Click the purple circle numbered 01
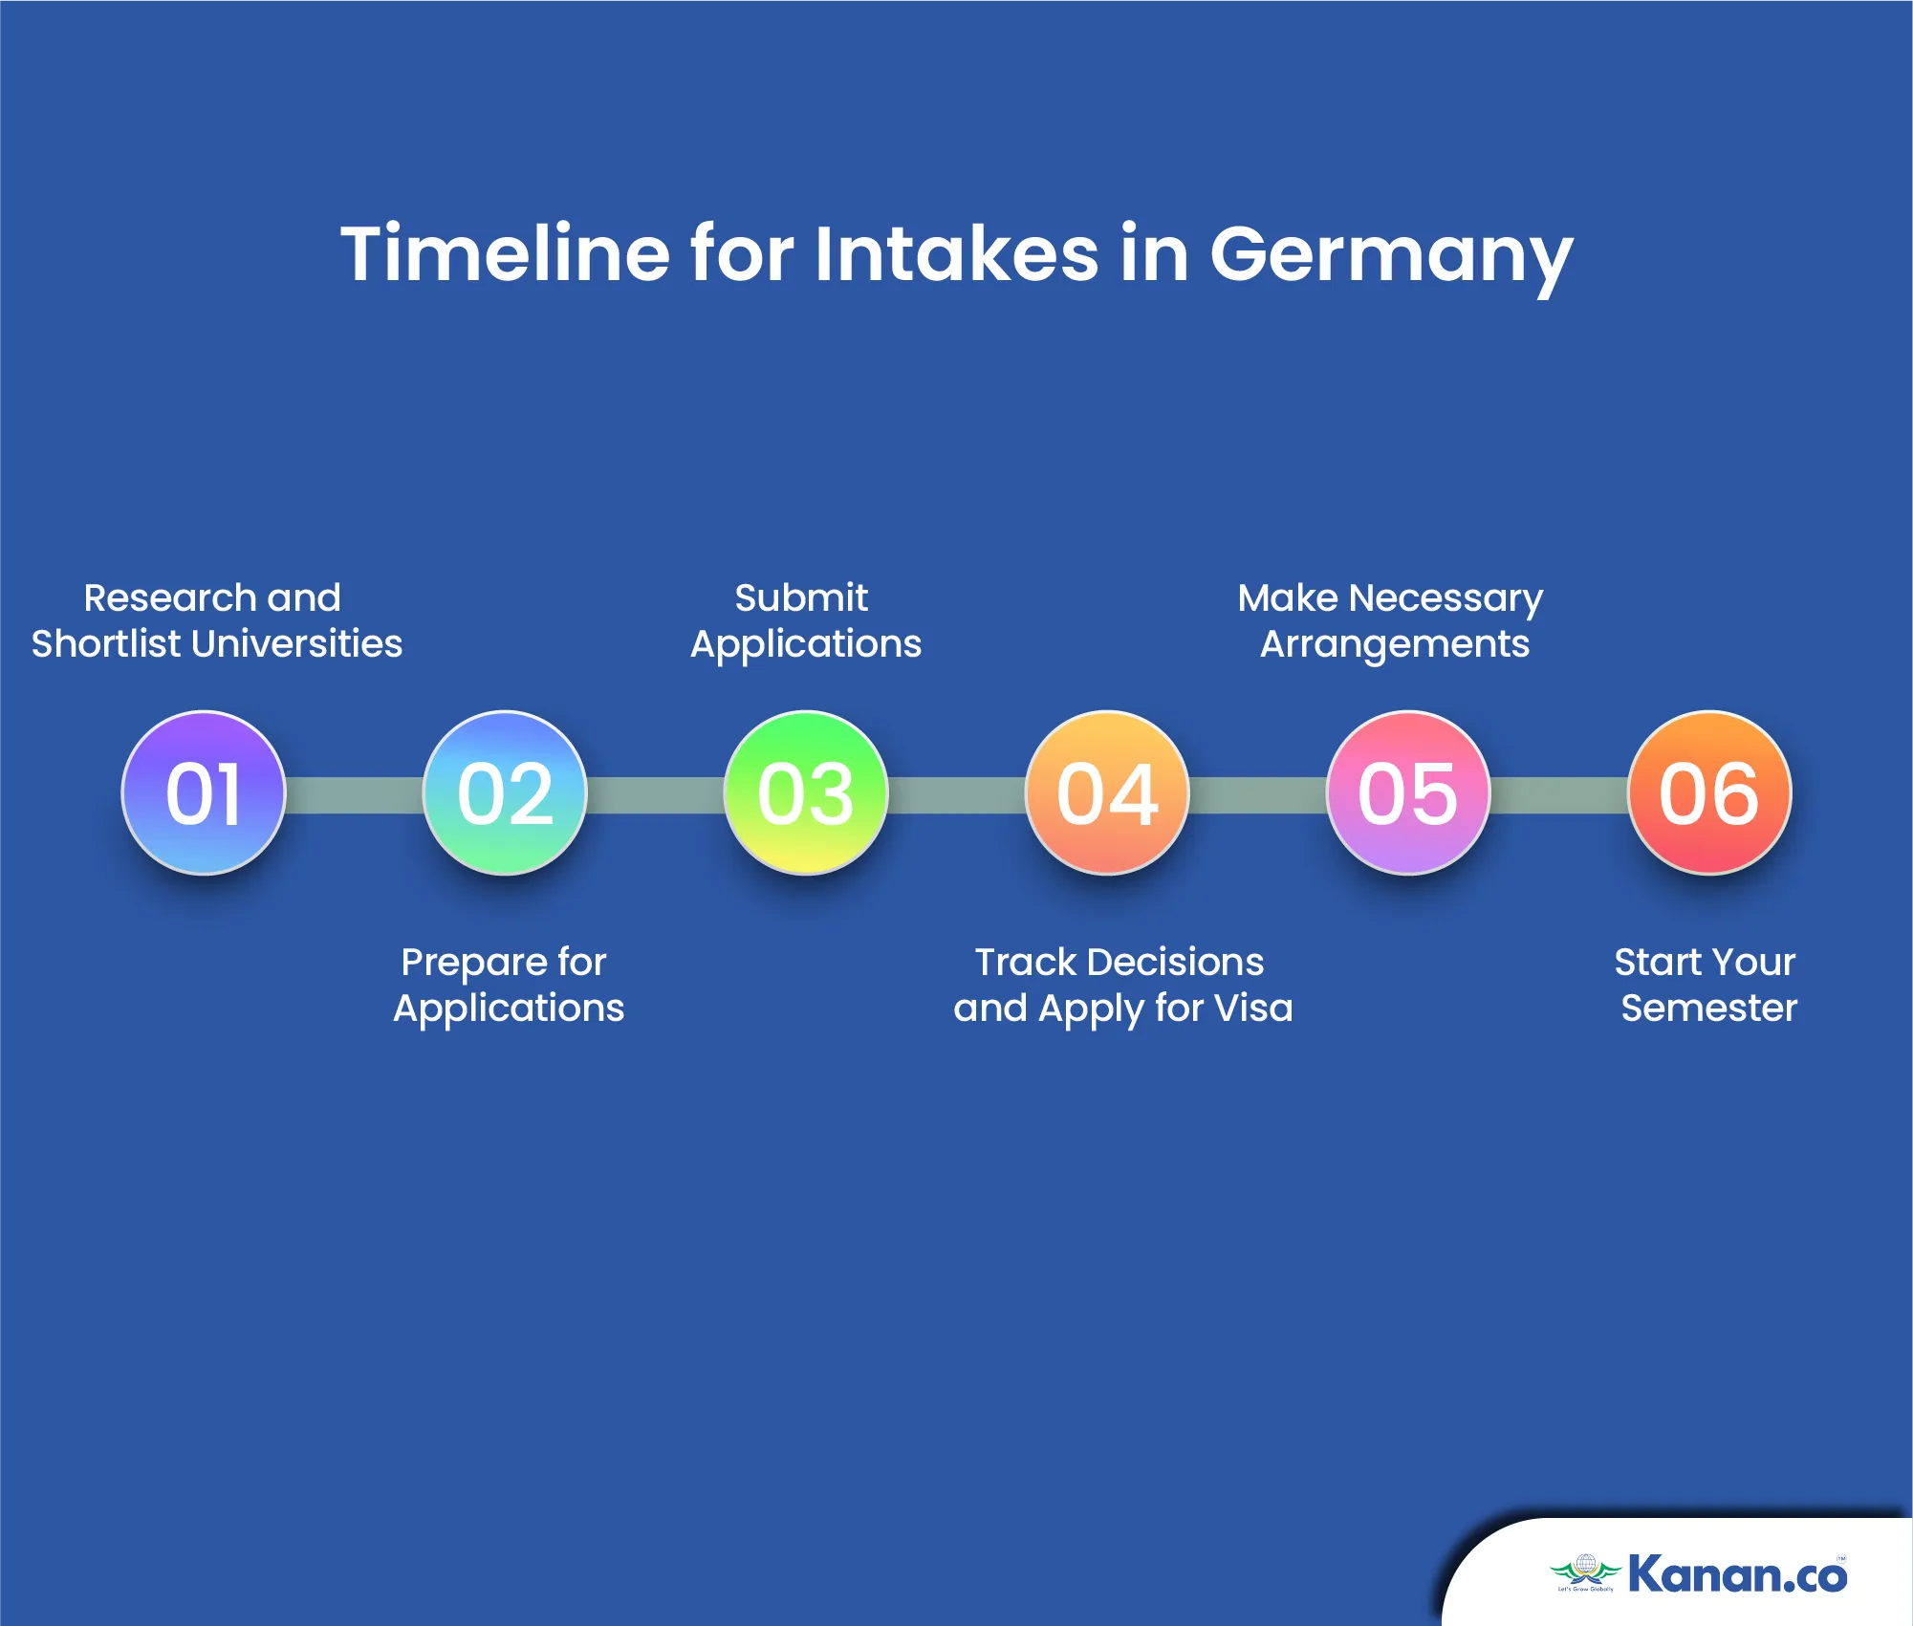click(204, 792)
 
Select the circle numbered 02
click(505, 792)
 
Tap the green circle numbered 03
click(806, 792)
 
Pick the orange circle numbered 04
click(1107, 792)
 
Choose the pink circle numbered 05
click(1408, 792)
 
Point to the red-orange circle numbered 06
click(1709, 792)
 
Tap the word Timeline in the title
click(506, 253)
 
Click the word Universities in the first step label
click(297, 643)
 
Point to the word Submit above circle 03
click(801, 597)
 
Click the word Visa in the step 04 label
click(1251, 1008)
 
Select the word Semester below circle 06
click(1709, 1008)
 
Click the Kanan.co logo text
click(1737, 1574)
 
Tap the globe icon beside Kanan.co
click(1586, 1566)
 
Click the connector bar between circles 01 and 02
click(354, 794)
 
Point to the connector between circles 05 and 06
click(1558, 794)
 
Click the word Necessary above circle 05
click(1446, 599)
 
